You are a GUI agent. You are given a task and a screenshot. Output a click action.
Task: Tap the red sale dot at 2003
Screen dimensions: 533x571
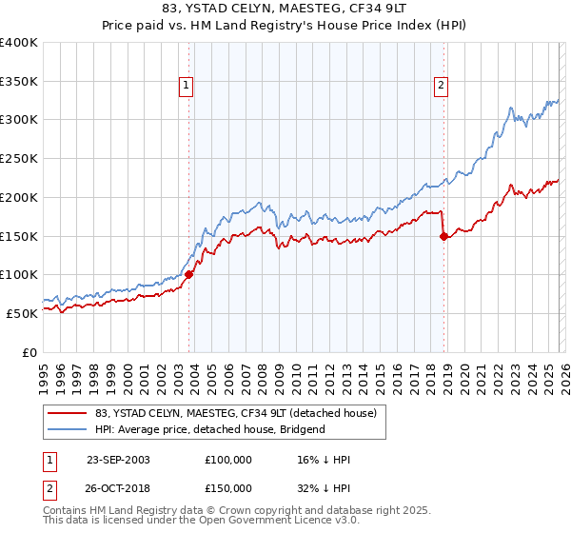tap(188, 274)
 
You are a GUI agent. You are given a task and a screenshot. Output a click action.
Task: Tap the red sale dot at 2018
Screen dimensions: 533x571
tap(443, 236)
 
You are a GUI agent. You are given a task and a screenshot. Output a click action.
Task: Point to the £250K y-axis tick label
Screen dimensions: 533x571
tap(19, 159)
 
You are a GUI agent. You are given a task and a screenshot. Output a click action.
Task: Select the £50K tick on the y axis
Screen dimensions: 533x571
tap(22, 313)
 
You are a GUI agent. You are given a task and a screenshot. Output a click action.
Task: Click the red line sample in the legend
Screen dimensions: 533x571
tap(69, 413)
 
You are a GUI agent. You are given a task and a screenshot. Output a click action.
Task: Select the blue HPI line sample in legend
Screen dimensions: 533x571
tap(69, 429)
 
